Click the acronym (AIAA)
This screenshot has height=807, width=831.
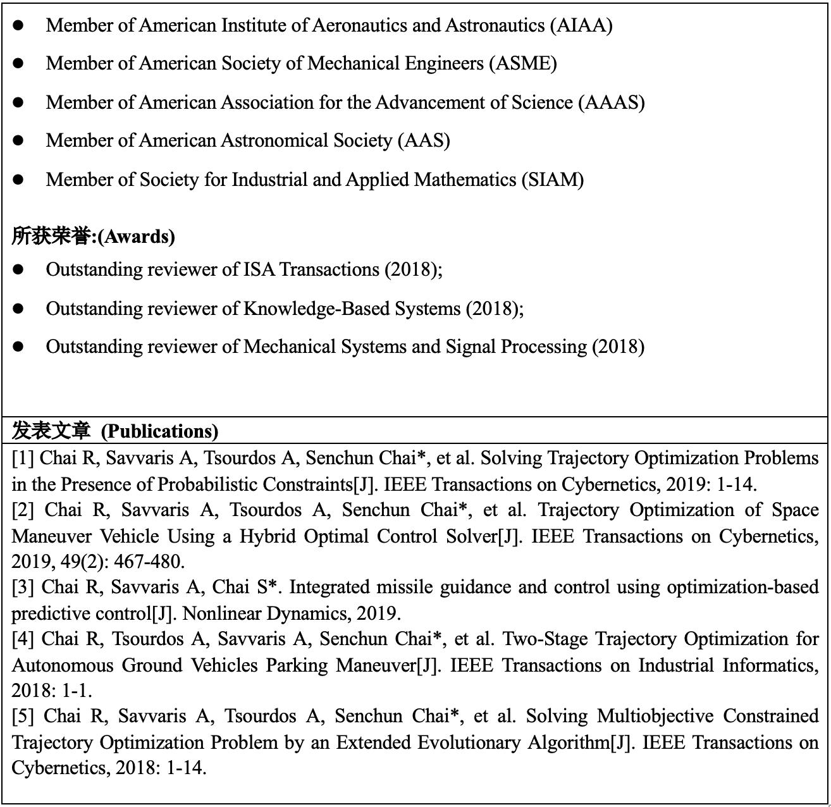coord(581,25)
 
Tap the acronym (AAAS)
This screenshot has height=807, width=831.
coord(611,102)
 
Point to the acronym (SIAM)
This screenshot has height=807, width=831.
coord(552,180)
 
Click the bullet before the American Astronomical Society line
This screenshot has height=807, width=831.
coord(18,140)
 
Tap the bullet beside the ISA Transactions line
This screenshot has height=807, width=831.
coord(18,270)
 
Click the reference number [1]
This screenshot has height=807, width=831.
coord(23,458)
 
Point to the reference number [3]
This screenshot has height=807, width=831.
coord(23,587)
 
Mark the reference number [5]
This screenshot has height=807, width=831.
coord(23,716)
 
